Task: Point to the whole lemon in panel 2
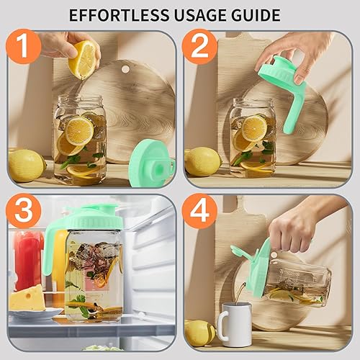pos(202,161)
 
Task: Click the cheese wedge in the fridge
pos(27,297)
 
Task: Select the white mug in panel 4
pos(233,323)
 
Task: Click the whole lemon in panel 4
pos(199,332)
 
